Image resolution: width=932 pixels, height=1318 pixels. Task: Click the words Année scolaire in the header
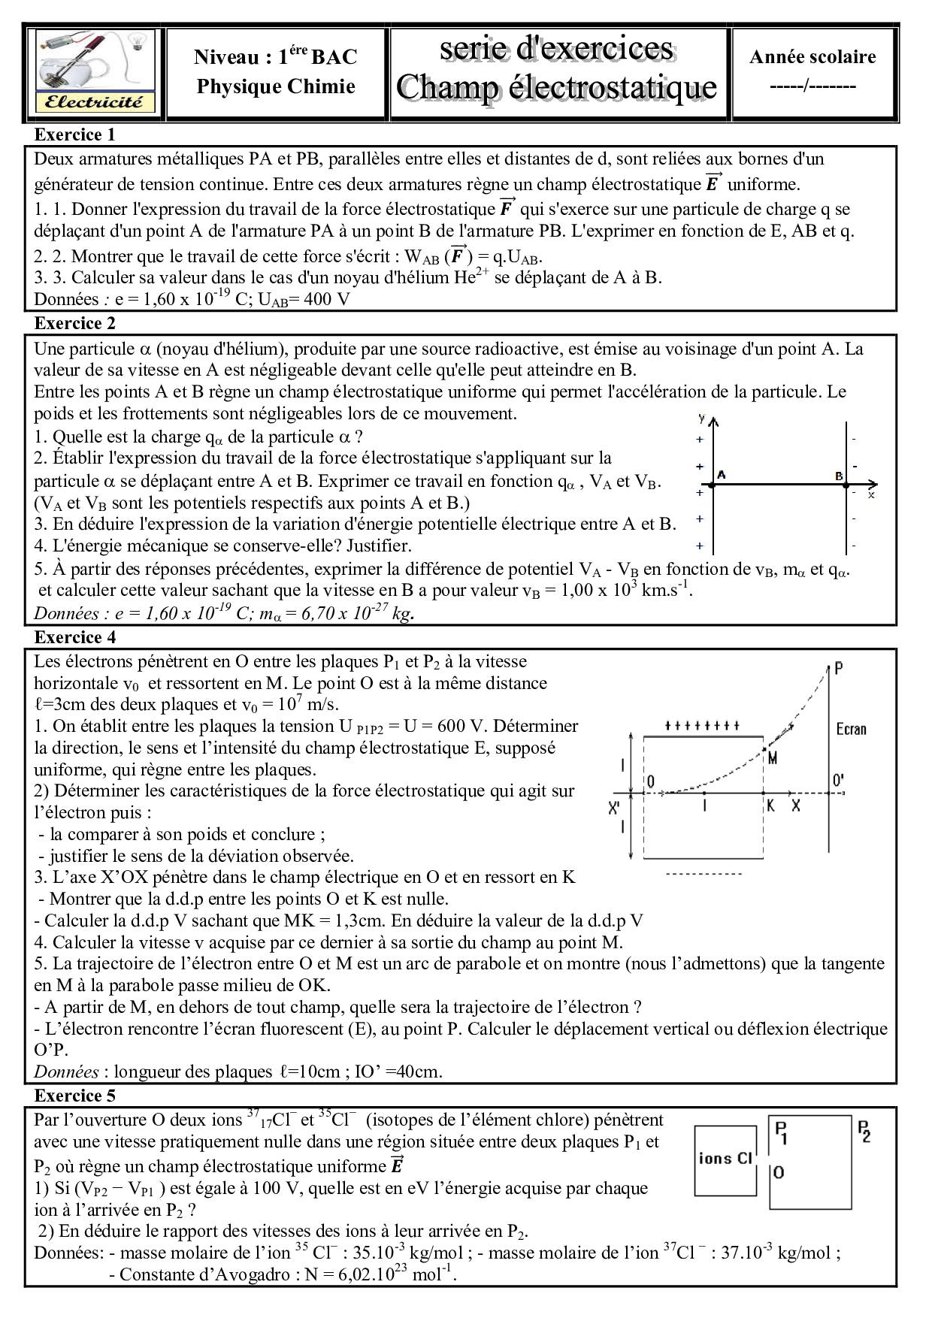(x=812, y=57)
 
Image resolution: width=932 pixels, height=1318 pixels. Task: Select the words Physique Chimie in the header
(x=276, y=87)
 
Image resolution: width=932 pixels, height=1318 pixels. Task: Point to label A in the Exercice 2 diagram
(x=722, y=475)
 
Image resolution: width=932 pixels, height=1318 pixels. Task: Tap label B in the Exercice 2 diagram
(x=839, y=476)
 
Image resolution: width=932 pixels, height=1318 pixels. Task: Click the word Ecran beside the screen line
(x=851, y=728)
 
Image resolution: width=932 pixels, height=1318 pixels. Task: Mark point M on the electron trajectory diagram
(x=771, y=758)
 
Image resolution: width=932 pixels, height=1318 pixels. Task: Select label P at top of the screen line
(x=839, y=667)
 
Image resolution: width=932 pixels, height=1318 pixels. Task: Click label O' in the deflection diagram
(x=837, y=781)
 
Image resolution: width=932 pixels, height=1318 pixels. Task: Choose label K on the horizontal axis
(x=770, y=805)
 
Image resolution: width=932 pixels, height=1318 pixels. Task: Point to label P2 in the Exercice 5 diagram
(x=864, y=1131)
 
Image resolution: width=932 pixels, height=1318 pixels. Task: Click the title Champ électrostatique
(x=557, y=87)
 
